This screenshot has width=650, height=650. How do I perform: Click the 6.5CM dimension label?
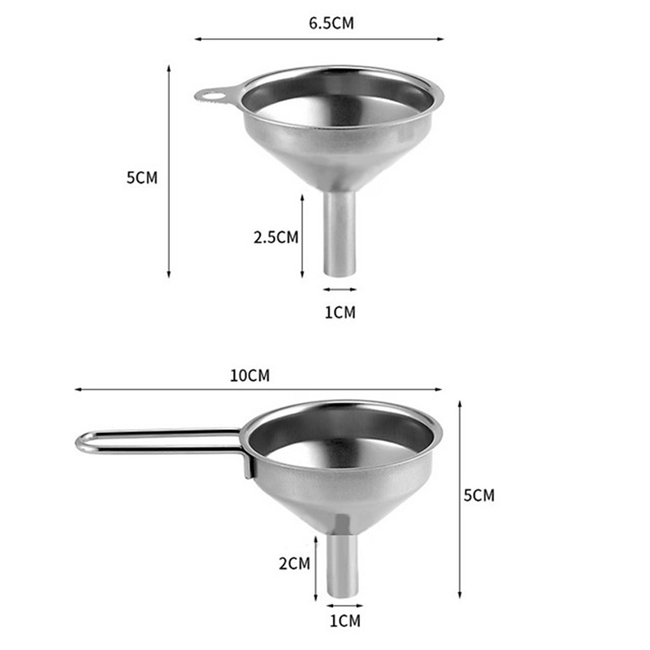331,23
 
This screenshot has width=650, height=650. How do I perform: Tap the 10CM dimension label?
249,375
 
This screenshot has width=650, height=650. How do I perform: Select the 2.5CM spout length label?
275,237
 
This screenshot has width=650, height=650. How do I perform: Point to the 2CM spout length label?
294,564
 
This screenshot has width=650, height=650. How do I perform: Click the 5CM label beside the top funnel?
141,177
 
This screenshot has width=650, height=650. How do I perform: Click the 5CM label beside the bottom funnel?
479,496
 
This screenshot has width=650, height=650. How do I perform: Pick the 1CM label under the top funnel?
340,312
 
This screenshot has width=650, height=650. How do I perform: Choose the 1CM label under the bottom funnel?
344,621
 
